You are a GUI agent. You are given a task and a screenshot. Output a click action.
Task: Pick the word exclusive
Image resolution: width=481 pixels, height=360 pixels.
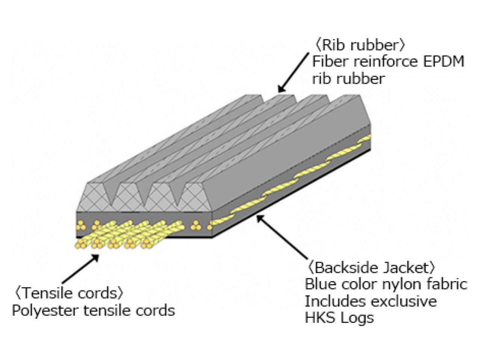[x=404, y=301]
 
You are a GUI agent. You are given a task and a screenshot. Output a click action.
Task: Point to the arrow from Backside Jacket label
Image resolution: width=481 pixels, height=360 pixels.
[x=282, y=236]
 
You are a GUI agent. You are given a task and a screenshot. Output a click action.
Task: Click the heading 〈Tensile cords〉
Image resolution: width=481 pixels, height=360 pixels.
[x=68, y=293]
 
